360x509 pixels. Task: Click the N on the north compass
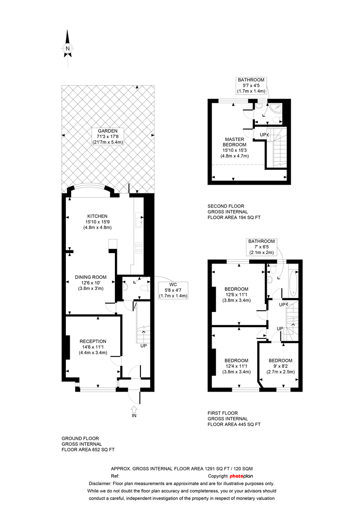(x=67, y=49)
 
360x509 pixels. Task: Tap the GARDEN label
(x=108, y=131)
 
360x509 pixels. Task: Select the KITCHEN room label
(x=98, y=216)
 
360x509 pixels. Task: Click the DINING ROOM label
(x=90, y=277)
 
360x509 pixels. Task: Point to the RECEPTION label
(x=93, y=342)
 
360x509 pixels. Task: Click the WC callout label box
(x=173, y=290)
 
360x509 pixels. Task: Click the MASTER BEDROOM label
(x=234, y=142)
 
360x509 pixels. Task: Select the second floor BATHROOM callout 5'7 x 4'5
(x=251, y=85)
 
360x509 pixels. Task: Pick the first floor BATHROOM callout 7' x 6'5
(x=262, y=246)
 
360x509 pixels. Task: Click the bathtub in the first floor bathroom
(x=293, y=283)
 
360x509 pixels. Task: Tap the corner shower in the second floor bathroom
(x=277, y=108)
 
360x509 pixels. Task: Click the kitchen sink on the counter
(x=139, y=220)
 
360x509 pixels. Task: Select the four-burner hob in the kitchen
(x=139, y=248)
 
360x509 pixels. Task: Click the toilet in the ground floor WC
(x=144, y=288)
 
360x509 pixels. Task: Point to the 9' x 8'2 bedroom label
(x=280, y=366)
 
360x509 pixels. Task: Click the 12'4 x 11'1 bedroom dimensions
(x=237, y=366)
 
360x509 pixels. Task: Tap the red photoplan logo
(x=241, y=476)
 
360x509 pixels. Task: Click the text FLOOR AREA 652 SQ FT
(x=88, y=450)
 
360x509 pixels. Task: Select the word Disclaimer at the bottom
(x=99, y=484)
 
